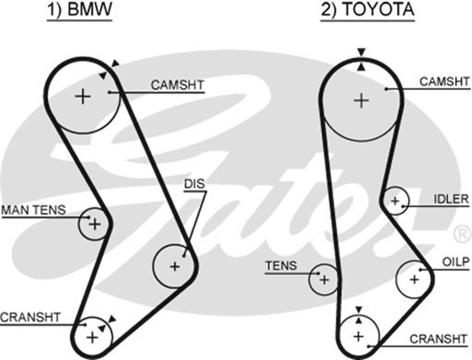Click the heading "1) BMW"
coord(80,11)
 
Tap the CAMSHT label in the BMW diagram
coord(177,86)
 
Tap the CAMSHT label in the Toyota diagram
coord(444,82)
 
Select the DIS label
coord(195,183)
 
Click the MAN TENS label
coord(33,210)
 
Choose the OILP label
coord(455,262)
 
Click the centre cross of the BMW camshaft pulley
coord(83,96)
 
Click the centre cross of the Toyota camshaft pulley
coord(361,100)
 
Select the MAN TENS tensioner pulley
coord(94,223)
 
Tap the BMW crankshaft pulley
coord(93,336)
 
